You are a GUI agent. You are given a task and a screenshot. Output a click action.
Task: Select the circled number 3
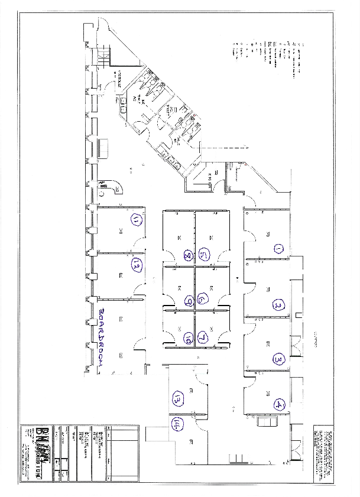pyautogui.click(x=278, y=358)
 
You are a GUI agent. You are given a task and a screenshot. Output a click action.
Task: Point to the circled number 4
pyautogui.click(x=277, y=405)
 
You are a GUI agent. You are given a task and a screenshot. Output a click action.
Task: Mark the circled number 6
pyautogui.click(x=202, y=299)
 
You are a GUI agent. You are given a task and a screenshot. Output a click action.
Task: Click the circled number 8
pyautogui.click(x=188, y=256)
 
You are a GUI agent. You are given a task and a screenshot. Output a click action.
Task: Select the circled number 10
pyautogui.click(x=187, y=339)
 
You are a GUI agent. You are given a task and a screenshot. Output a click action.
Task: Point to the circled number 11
pyautogui.click(x=137, y=221)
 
